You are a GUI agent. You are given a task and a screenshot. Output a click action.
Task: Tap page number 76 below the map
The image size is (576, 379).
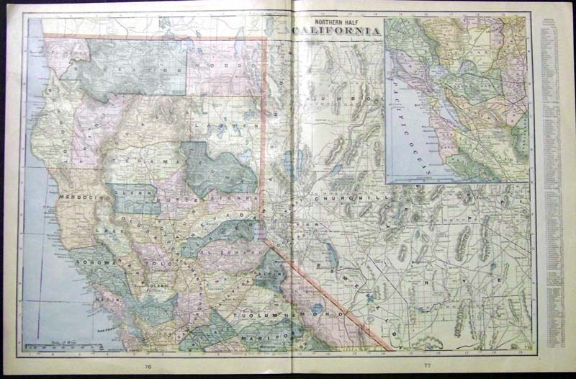148,367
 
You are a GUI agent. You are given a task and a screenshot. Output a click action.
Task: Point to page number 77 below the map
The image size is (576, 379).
427,367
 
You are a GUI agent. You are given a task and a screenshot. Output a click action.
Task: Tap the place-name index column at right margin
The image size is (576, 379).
551,180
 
